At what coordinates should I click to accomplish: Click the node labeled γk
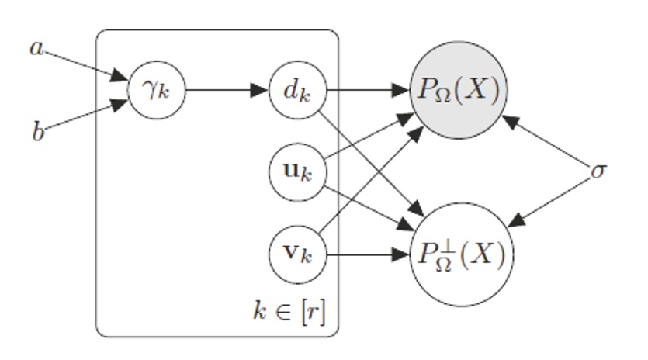(158, 90)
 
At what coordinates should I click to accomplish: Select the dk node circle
(298, 90)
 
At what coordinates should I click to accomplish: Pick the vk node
(298, 254)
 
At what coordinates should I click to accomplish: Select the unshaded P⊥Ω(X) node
(460, 253)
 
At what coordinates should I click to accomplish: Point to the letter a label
(36, 48)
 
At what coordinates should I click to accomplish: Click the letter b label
(37, 132)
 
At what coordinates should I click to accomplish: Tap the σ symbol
(598, 171)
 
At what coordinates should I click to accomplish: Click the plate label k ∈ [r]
(289, 313)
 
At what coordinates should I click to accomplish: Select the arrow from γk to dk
(225, 90)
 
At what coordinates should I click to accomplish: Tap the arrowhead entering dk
(261, 90)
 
